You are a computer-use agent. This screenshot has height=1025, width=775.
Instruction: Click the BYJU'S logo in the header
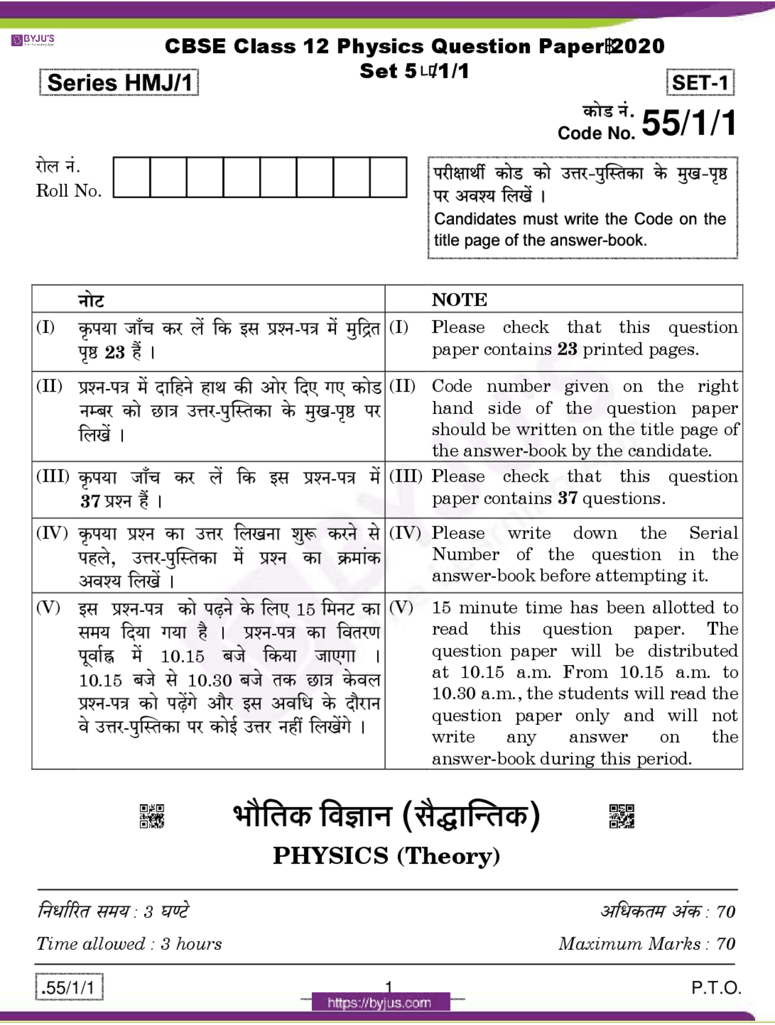(33, 41)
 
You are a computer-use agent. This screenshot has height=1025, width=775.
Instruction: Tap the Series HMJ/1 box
(119, 83)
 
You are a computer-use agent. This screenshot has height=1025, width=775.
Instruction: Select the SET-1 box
(700, 83)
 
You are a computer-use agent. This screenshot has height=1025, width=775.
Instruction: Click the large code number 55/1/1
(689, 123)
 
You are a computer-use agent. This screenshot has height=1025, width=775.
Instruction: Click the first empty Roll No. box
(131, 177)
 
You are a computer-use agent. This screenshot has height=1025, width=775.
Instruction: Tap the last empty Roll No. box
(388, 177)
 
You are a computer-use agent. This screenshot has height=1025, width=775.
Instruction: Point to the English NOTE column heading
(459, 300)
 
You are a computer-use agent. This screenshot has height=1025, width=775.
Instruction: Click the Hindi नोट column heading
(91, 300)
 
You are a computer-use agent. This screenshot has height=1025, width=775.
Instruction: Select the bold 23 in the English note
(567, 349)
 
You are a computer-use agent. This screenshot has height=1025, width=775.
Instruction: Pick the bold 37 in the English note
(567, 498)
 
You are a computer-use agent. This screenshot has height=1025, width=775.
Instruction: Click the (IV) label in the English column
(404, 533)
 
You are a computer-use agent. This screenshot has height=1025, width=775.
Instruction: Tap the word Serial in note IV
(713, 533)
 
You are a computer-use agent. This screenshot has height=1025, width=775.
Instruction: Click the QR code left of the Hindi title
(151, 816)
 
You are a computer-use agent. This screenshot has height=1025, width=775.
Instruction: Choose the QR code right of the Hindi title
(621, 816)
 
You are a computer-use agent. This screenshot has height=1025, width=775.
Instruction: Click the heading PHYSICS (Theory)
(386, 856)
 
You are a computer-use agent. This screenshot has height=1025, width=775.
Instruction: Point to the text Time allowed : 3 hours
(129, 944)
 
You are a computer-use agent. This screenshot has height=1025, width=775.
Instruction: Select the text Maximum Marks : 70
(647, 944)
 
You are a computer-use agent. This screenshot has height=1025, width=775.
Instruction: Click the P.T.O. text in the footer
(716, 988)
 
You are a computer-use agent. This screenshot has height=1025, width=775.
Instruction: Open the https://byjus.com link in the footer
(380, 1003)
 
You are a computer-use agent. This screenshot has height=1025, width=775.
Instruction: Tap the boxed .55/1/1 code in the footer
(69, 987)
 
